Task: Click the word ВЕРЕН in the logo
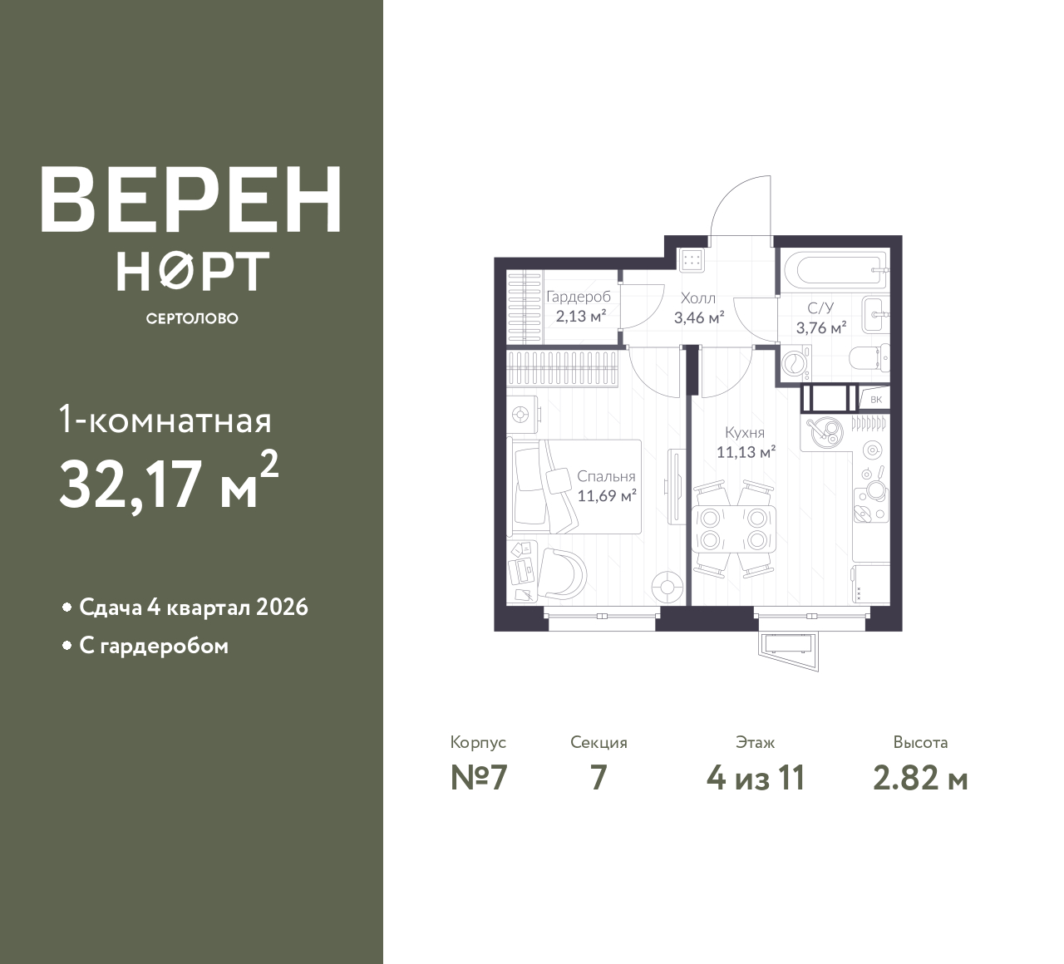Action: click(191, 200)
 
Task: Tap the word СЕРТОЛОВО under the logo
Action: click(192, 318)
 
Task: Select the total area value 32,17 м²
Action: click(170, 482)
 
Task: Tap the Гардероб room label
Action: click(579, 297)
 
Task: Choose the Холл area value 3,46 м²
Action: click(699, 317)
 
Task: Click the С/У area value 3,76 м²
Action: click(821, 327)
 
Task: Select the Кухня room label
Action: click(745, 433)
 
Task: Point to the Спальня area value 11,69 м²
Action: click(607, 496)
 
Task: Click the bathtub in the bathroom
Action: click(835, 270)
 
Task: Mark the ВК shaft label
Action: click(875, 399)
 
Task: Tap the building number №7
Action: click(479, 778)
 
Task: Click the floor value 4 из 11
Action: click(756, 778)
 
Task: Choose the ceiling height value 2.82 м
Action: click(920, 778)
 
